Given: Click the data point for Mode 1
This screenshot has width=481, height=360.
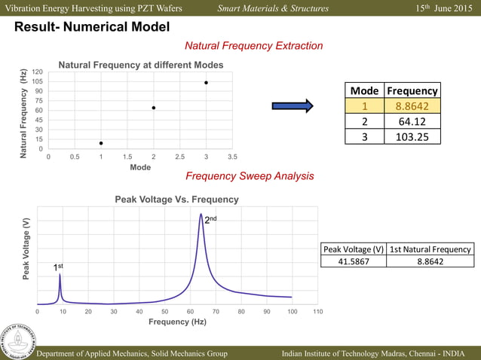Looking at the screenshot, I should tap(101, 143).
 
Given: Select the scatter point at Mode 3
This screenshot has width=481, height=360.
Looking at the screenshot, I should tap(206, 83).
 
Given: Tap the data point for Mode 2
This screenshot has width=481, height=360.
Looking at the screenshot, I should tap(154, 108).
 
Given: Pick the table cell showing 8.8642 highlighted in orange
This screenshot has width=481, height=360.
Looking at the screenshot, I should tap(412, 106).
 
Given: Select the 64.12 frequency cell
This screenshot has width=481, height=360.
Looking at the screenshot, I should tap(412, 121).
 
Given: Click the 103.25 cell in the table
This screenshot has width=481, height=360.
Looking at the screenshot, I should tap(412, 136).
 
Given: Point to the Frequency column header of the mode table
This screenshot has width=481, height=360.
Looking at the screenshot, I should tap(412, 90).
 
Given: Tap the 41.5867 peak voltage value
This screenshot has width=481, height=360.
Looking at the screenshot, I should tap(354, 261).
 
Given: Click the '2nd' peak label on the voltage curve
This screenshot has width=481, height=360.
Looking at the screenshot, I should tap(212, 218).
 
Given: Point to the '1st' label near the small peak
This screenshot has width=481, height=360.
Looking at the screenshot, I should tap(58, 267).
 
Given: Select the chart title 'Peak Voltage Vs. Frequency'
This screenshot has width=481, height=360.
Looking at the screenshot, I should tap(176, 200).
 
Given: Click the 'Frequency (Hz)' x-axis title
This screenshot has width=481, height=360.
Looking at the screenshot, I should tap(177, 322).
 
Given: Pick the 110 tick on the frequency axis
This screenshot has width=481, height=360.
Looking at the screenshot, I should tap(317, 311).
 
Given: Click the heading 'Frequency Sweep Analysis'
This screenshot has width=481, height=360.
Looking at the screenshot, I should tap(250, 176).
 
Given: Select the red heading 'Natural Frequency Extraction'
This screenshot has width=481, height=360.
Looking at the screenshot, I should tap(253, 46).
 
